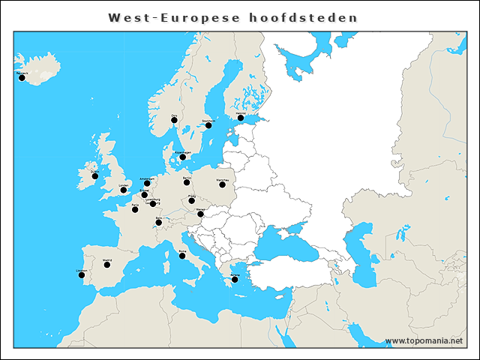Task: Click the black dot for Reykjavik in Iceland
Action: [x=22, y=77]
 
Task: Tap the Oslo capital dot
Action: [x=174, y=119]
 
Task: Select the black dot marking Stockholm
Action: [x=208, y=125]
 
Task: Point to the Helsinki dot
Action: [x=241, y=118]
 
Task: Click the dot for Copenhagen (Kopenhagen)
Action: [x=182, y=157]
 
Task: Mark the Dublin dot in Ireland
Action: [x=94, y=176]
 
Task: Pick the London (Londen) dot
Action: [x=124, y=190]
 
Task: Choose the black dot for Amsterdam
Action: [x=147, y=183]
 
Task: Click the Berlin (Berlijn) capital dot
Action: [x=186, y=181]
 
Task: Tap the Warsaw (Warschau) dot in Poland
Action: [x=222, y=184]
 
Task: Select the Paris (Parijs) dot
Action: [x=135, y=209]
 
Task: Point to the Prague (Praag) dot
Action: [x=192, y=200]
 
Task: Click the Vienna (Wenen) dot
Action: [x=200, y=214]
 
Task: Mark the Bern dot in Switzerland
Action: [x=158, y=222]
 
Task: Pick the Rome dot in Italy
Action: [x=182, y=256]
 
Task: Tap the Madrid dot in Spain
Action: [x=107, y=265]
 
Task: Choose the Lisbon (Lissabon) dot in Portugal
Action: [x=81, y=274]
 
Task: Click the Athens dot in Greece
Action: [x=235, y=280]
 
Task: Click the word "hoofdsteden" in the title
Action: [x=304, y=17]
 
